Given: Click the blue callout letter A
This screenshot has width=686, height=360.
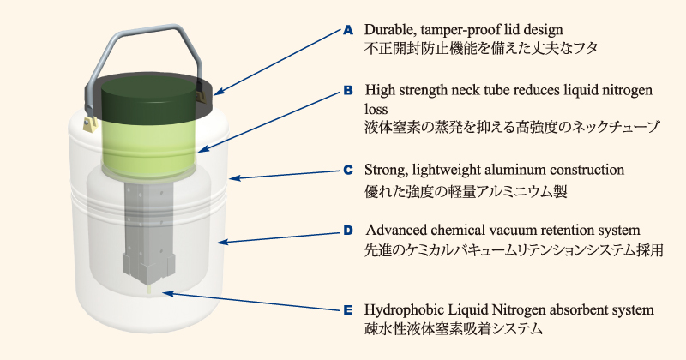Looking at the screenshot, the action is pos(348,30).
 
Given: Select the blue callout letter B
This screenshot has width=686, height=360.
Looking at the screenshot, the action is pos(348,91).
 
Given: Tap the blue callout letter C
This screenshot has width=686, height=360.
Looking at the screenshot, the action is pos(348,171).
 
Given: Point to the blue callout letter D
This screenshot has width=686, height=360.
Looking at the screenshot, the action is pos(348,231).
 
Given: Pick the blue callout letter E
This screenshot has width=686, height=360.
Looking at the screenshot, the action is pos(348,310).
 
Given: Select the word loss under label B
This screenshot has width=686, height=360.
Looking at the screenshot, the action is pos(376,109).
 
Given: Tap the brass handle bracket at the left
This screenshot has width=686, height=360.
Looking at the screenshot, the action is pos(89,123).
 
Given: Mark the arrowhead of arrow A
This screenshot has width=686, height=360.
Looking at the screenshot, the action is pos(219,92).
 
